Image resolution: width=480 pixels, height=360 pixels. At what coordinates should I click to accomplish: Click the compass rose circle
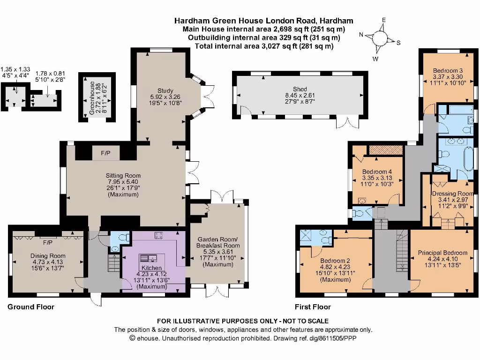point(380,38)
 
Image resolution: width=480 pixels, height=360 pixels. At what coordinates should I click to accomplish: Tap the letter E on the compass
point(383,20)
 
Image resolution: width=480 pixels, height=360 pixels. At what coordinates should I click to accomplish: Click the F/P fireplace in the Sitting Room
point(105,153)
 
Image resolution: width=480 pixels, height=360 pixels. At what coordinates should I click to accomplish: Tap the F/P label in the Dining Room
point(48,243)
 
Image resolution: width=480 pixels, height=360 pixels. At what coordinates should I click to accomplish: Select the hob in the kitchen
point(158,235)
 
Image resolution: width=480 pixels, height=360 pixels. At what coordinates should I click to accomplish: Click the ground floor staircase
point(114,263)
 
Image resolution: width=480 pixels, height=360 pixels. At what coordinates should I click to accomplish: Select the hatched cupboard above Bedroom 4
point(386,150)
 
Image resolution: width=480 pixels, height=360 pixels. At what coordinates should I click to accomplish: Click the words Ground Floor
point(31,307)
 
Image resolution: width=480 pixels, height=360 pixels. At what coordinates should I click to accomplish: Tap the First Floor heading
point(313,307)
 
